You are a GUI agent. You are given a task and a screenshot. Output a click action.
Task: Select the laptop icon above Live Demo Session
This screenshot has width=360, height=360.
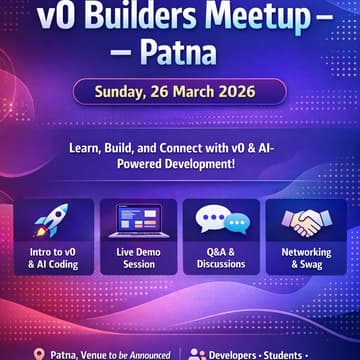(137, 220)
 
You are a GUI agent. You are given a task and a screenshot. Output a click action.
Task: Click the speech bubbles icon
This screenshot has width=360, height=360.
(221, 220)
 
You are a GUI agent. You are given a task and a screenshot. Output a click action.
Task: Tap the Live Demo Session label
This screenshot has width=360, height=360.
(137, 258)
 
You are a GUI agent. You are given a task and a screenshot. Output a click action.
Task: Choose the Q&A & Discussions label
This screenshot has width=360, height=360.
(221, 258)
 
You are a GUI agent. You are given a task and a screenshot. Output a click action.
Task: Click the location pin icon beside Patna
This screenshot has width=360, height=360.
(39, 353)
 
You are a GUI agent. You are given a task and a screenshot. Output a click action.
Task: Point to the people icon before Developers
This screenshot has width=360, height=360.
(197, 353)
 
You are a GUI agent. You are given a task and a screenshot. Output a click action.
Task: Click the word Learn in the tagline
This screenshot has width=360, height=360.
(86, 147)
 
